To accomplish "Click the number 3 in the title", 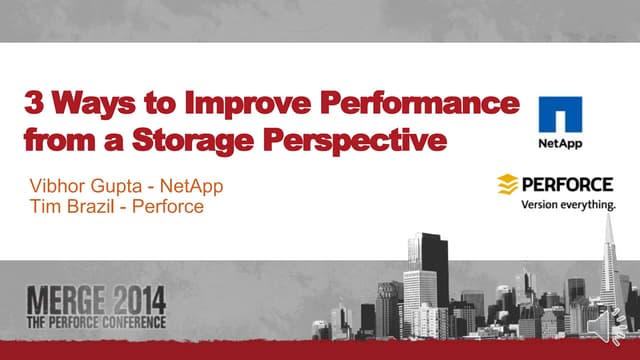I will coord(34,104).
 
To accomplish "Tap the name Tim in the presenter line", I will coord(46,207).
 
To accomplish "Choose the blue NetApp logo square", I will coord(559,115).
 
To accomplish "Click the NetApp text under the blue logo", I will coord(560,142).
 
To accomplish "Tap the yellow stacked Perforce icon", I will coord(508,185).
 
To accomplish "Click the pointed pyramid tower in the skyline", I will coord(609,270).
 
